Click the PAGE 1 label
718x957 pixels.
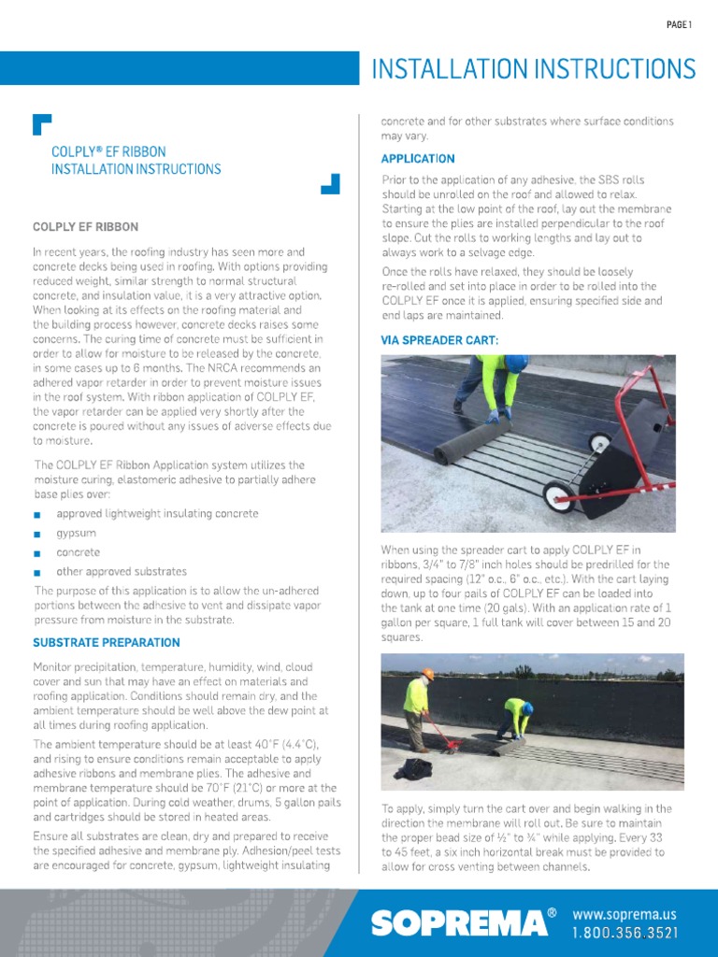point(679,25)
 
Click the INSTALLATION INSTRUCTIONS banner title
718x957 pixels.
point(534,69)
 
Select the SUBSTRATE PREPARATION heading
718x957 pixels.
point(107,643)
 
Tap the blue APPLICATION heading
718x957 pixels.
point(418,159)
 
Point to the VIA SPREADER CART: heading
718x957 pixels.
point(439,341)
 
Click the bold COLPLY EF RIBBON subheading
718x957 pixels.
point(85,227)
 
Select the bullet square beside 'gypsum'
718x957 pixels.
point(36,535)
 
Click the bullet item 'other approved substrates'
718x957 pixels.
point(122,572)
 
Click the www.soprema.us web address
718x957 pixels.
point(624,914)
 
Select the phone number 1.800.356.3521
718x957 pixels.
point(624,933)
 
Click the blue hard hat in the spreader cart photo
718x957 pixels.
point(515,364)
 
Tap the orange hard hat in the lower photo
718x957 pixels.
point(428,674)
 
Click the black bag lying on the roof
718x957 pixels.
point(412,768)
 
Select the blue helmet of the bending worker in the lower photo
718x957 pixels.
point(527,707)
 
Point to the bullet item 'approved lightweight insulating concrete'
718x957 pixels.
point(157,514)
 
